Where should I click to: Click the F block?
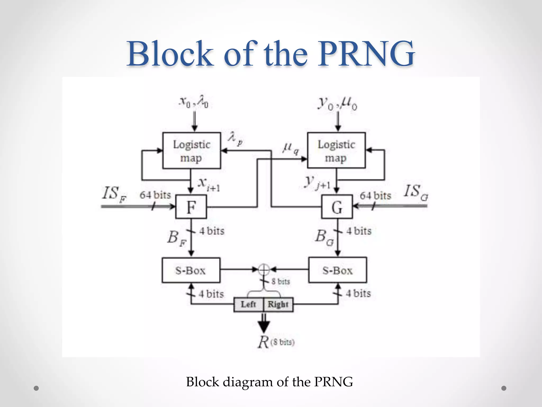(x=191, y=207)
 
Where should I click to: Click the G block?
(x=337, y=207)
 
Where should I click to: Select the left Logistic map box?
(x=192, y=151)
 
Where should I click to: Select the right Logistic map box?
(x=336, y=151)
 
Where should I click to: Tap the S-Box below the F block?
(x=191, y=270)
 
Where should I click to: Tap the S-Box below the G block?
(x=337, y=270)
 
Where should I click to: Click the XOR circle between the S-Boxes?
(x=264, y=269)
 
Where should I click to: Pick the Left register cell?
(x=249, y=304)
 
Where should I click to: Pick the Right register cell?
(x=278, y=304)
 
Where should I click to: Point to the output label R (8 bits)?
(x=275, y=342)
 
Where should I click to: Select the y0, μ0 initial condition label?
(x=337, y=103)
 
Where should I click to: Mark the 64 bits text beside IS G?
(x=375, y=196)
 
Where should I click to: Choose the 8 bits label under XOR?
(x=281, y=281)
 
